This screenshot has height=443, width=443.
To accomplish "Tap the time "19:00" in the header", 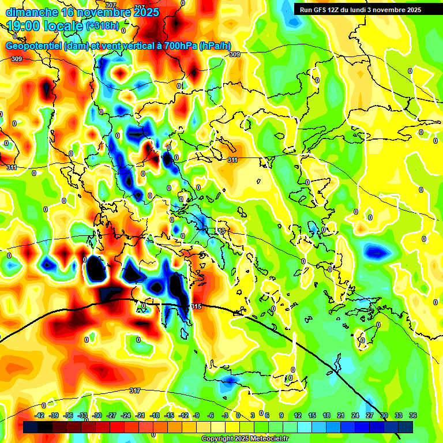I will click(25, 26).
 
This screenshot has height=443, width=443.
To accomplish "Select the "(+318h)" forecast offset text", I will click(103, 25).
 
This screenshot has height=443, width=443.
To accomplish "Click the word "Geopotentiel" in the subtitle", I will click(34, 46).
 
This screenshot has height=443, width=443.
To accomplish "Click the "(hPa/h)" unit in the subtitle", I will click(215, 46).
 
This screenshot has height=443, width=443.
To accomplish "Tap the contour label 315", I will click(196, 306).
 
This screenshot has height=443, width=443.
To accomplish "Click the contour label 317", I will click(134, 391).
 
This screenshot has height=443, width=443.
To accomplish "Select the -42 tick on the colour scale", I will click(40, 415).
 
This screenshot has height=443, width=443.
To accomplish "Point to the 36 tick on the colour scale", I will click(413, 415).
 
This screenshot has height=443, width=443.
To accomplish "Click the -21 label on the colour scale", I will click(140, 415).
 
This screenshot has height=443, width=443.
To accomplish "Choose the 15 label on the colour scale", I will click(312, 415).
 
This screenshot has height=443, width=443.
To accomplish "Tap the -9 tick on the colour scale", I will click(196, 415).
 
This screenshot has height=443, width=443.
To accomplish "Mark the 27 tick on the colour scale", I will click(370, 415).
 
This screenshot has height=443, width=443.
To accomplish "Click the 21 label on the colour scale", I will click(341, 415).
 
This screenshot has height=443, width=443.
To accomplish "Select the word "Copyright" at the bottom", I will click(217, 438).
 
